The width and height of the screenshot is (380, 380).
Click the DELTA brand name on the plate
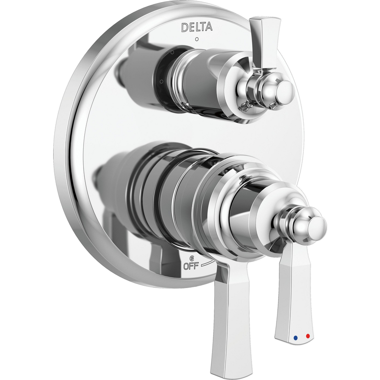coord(196,27)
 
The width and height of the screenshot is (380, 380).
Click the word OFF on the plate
coord(191,266)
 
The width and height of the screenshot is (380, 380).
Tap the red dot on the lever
coord(307,336)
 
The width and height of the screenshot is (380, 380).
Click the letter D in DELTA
coord(184,27)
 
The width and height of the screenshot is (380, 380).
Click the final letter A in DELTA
coord(209,27)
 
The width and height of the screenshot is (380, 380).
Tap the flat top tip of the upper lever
coord(264,19)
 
